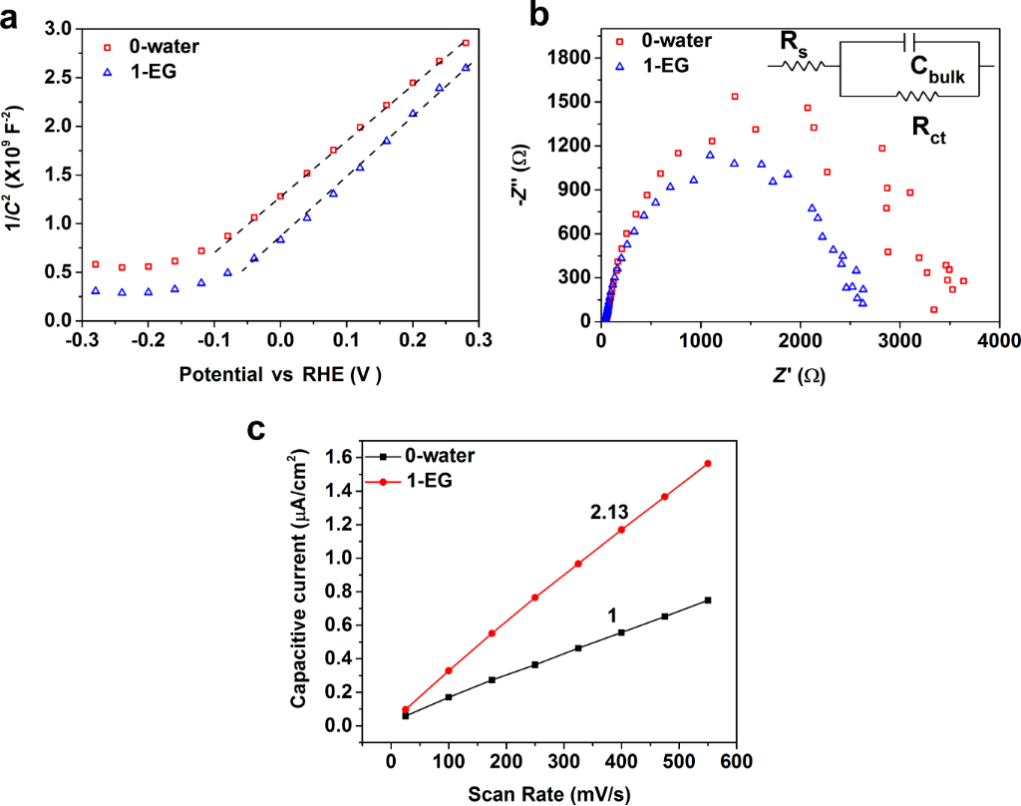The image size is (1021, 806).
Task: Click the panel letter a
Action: point(14,15)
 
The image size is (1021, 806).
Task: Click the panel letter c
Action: point(257,429)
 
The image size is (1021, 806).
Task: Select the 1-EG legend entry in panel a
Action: point(150,71)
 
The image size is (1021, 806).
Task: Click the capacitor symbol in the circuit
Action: point(907,41)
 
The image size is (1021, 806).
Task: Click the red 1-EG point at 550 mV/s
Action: point(708,463)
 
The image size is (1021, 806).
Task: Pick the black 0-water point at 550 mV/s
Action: point(708,600)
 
